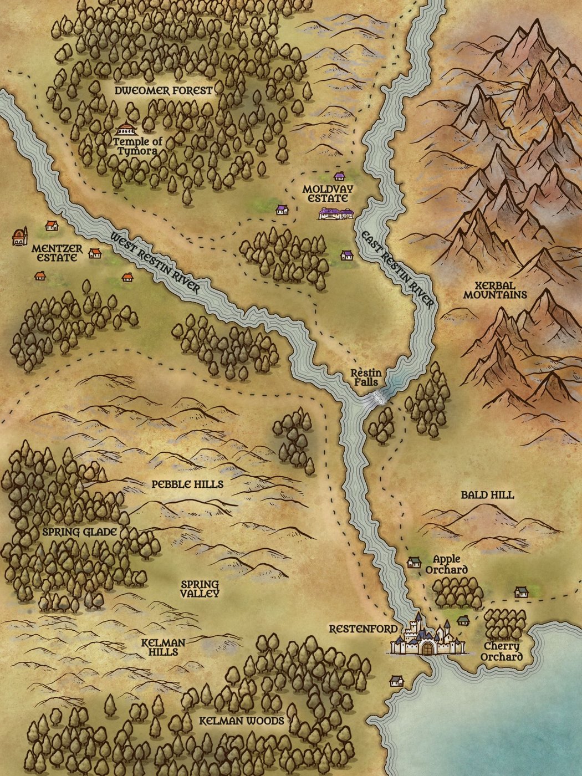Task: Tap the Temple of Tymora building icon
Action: point(126,130)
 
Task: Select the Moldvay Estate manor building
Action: point(335,213)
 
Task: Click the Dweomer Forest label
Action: point(164,90)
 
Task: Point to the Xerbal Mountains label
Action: point(495,289)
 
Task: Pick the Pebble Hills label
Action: point(187,484)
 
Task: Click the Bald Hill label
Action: point(487,495)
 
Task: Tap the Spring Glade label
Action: point(80,532)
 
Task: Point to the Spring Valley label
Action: point(200,589)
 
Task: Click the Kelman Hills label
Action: point(163,647)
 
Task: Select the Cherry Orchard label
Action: point(501,652)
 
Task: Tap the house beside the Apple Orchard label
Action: point(413,563)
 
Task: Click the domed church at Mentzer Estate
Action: point(20,237)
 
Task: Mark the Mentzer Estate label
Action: point(57,253)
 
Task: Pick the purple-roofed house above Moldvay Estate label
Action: point(339,176)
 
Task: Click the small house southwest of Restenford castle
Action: point(396,681)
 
